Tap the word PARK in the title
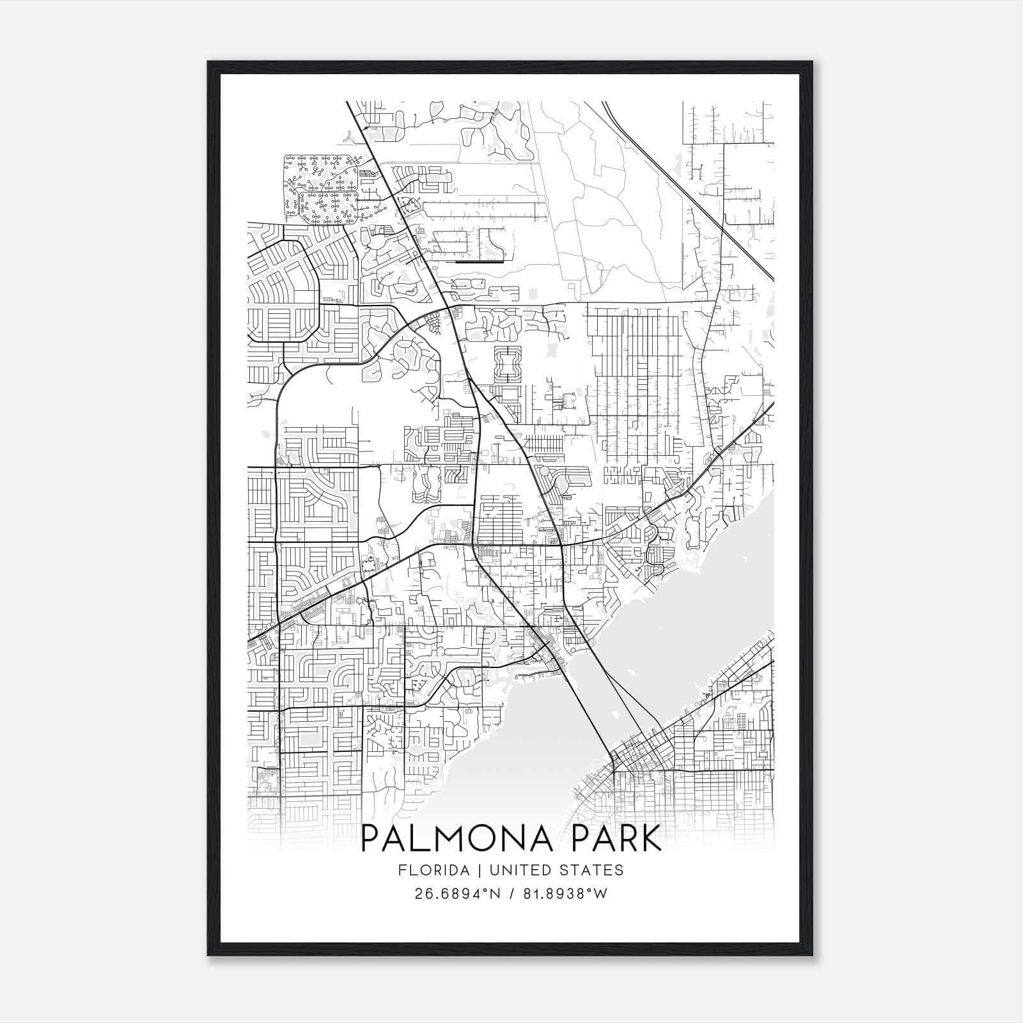[x=613, y=839]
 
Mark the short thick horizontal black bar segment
[x=480, y=262]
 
